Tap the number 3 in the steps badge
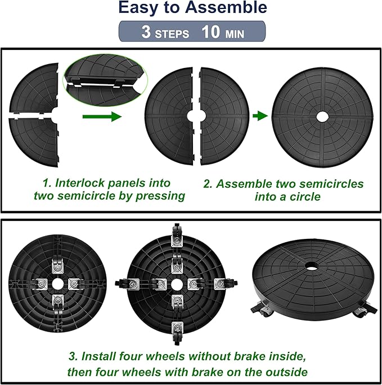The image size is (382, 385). pyautogui.click(x=146, y=32)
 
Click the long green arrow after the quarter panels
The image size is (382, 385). pyautogui.click(x=101, y=116)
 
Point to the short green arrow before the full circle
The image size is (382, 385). pyautogui.click(x=259, y=116)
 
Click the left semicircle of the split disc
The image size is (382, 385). pyautogui.click(x=169, y=115)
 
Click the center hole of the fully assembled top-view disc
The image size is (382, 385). pyautogui.click(x=322, y=116)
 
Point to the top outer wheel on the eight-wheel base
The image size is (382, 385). pyautogui.click(x=177, y=233)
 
